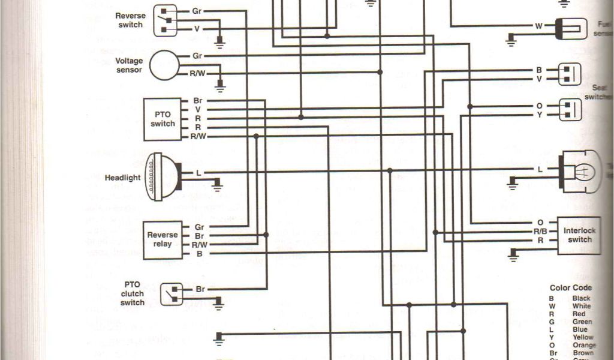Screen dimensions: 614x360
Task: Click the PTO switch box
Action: pyautogui.click(x=162, y=119)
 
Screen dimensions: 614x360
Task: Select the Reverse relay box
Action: pyautogui.click(x=162, y=240)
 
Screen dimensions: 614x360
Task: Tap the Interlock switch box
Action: pyautogui.click(x=578, y=235)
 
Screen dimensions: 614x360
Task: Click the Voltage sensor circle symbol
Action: pyautogui.click(x=164, y=65)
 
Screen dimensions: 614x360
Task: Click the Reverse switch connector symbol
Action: pyautogui.click(x=165, y=20)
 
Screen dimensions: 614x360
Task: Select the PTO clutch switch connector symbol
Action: pyautogui.click(x=171, y=294)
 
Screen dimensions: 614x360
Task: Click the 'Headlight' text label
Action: pyautogui.click(x=123, y=178)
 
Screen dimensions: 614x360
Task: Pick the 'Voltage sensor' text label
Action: pyautogui.click(x=129, y=65)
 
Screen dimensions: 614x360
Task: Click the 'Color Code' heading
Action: pyautogui.click(x=570, y=288)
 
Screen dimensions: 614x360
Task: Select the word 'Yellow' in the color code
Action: pyautogui.click(x=582, y=337)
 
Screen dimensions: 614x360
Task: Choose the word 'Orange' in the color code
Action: pyautogui.click(x=584, y=345)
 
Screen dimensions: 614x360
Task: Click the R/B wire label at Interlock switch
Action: pyautogui.click(x=540, y=231)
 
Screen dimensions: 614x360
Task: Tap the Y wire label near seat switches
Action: pyautogui.click(x=540, y=114)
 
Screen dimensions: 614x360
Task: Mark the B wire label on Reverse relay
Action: pyautogui.click(x=199, y=254)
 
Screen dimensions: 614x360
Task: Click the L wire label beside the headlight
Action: pyautogui.click(x=198, y=172)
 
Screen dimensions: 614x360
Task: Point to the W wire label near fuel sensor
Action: pyautogui.click(x=538, y=26)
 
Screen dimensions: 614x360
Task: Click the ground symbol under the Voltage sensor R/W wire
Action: pyautogui.click(x=220, y=86)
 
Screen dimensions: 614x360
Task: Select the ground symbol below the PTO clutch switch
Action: pyautogui.click(x=219, y=305)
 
